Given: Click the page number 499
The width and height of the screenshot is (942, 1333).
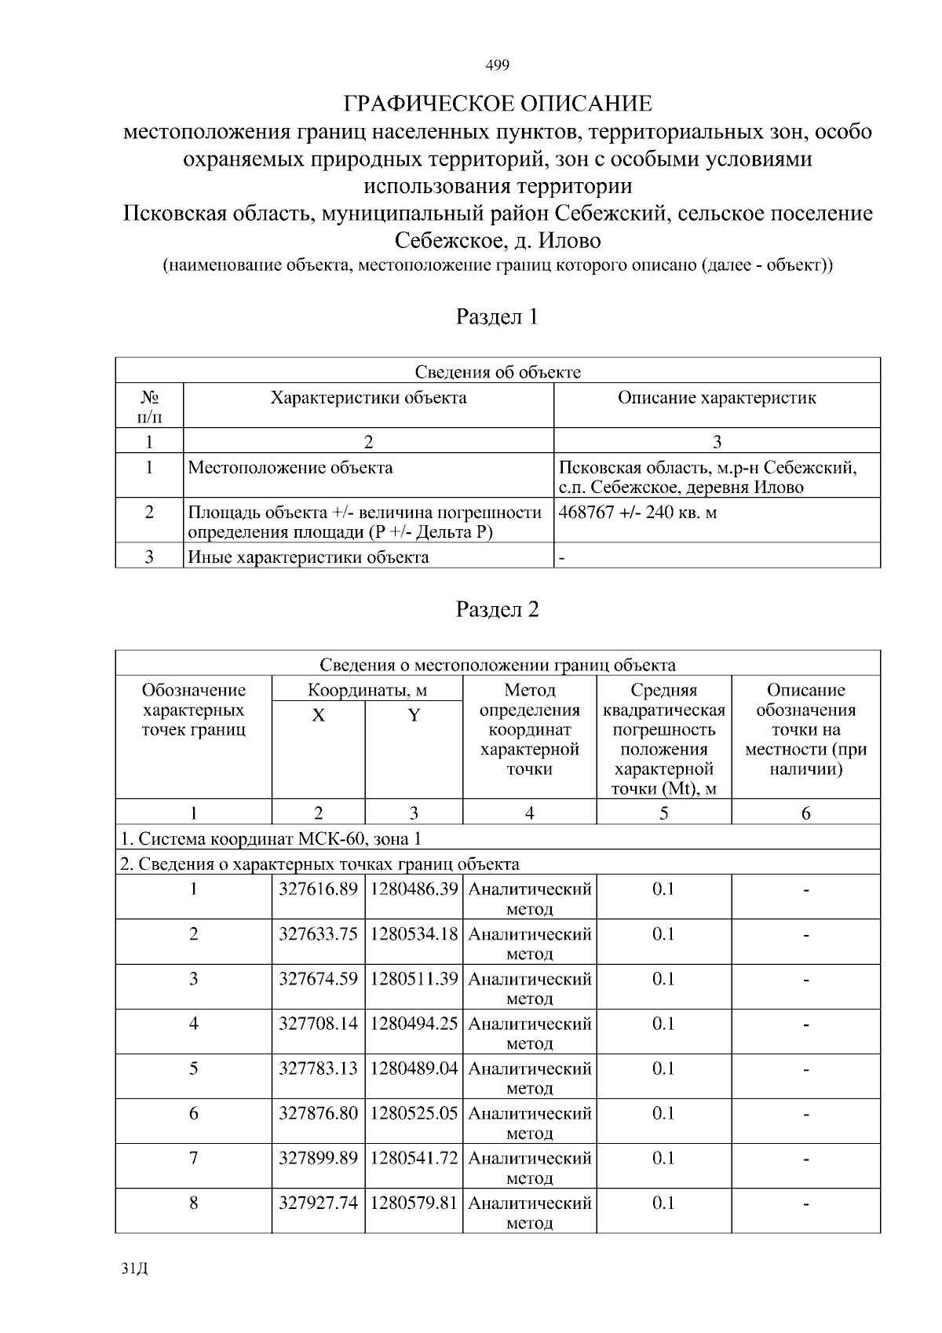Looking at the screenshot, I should (x=497, y=65).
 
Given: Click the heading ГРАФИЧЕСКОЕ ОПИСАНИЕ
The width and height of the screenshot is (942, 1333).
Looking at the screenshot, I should (x=498, y=104).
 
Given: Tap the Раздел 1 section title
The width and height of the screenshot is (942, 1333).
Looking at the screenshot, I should (x=497, y=317).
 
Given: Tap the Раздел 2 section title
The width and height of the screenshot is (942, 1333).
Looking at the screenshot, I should (x=497, y=610).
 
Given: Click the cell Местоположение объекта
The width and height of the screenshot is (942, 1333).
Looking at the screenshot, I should (x=290, y=468).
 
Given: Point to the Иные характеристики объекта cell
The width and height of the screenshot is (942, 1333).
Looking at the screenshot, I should (x=309, y=557).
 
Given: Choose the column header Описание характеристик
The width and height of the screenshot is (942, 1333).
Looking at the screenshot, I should (x=716, y=398).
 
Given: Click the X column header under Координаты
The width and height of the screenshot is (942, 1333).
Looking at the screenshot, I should (x=318, y=715).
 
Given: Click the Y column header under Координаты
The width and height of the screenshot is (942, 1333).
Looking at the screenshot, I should (x=414, y=715).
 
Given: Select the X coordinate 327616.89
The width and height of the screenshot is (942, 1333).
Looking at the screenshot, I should (x=318, y=889).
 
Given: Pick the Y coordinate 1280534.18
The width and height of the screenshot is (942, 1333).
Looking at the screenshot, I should (x=414, y=934).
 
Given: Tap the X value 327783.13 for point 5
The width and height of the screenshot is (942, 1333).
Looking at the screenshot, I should (x=318, y=1068).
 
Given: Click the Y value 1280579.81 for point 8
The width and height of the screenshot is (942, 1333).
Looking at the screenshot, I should (x=414, y=1203).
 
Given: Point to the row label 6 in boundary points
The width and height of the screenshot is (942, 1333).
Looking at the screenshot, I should (x=193, y=1113).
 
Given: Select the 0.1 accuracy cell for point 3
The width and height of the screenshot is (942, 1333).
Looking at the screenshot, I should (x=663, y=979).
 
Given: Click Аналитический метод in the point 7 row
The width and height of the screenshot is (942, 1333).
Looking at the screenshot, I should (x=529, y=1167).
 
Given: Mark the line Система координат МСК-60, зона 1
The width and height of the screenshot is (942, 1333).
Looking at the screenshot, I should (x=270, y=839).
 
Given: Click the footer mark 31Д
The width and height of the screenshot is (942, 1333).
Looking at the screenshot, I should (x=135, y=1269).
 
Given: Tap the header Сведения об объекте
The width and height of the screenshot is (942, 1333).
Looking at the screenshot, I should (x=497, y=372).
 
